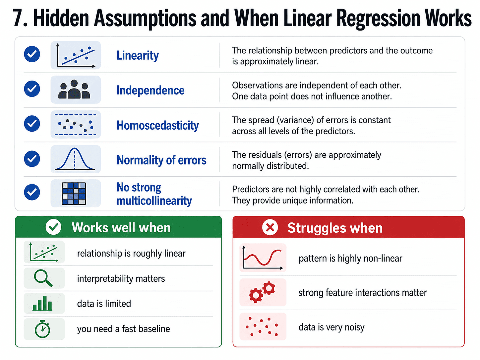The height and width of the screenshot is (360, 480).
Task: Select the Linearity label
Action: (138, 55)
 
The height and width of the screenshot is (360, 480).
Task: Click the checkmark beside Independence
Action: (32, 89)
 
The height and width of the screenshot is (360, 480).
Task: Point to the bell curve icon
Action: (75, 159)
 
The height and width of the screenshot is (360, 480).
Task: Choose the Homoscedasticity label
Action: (157, 125)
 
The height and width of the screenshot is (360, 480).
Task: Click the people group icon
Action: (74, 89)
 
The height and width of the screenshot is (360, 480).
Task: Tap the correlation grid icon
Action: (74, 194)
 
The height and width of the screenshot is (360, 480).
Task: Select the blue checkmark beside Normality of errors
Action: (32, 159)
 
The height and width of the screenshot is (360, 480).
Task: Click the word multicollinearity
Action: (154, 201)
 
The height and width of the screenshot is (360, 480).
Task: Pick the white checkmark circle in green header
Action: (53, 227)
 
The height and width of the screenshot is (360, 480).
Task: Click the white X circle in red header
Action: (270, 227)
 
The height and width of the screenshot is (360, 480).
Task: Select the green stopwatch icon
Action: (42, 329)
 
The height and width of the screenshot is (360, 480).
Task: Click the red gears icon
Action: (262, 292)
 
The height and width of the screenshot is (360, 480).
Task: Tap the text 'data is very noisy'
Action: (331, 327)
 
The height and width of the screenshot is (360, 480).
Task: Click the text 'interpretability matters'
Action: (121, 279)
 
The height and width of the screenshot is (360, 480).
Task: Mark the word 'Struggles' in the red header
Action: (317, 228)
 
